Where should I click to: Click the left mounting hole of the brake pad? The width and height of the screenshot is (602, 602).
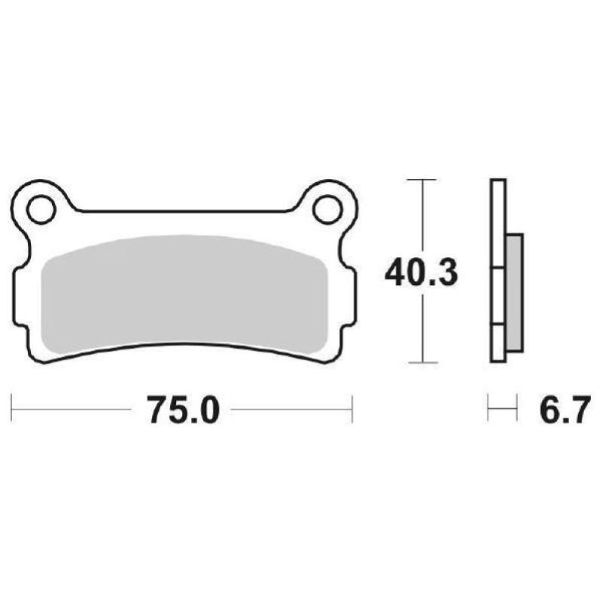[x=41, y=208]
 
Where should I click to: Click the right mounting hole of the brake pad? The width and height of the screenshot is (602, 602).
[x=327, y=208]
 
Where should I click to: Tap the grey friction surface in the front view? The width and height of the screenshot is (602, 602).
[x=184, y=293]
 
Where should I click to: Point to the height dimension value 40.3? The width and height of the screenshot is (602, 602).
[x=421, y=273]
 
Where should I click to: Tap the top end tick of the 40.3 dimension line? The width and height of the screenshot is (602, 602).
[x=421, y=181]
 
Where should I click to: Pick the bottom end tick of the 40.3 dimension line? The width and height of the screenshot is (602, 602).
[x=421, y=362]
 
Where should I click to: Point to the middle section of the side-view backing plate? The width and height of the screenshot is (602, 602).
[x=498, y=296]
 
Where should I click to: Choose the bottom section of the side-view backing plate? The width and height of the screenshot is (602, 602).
[x=498, y=343]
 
